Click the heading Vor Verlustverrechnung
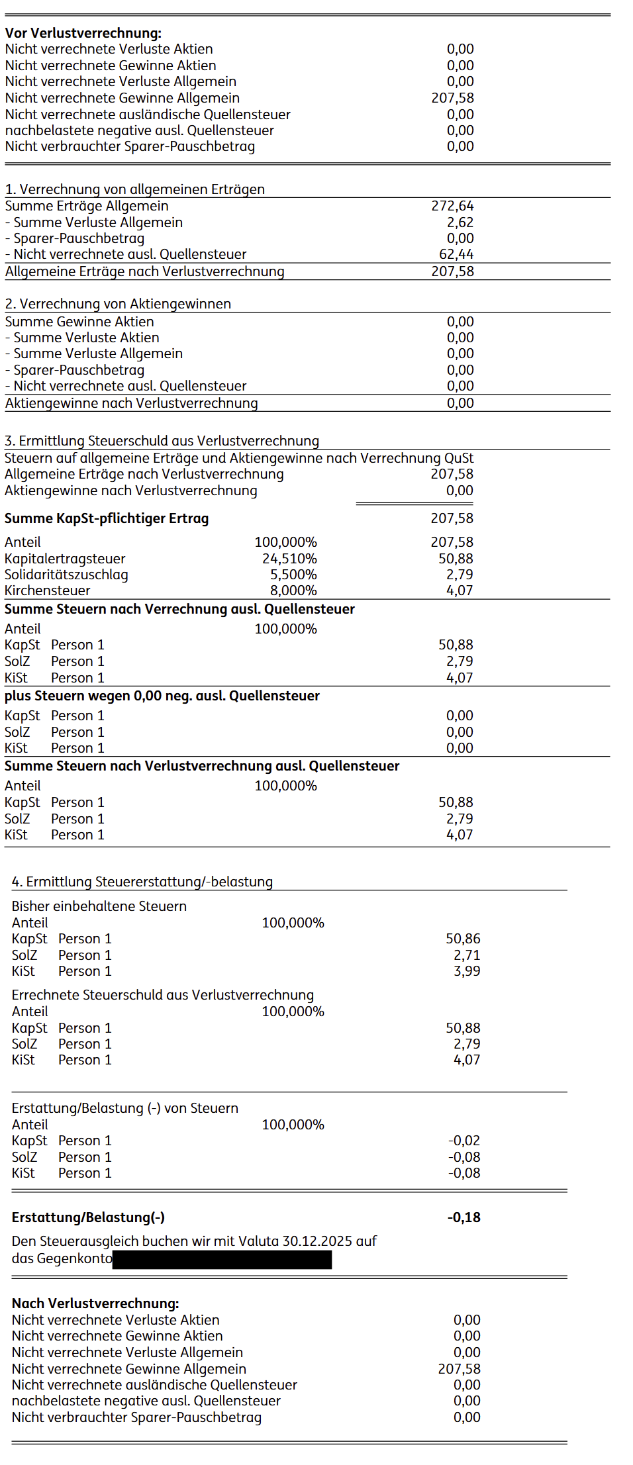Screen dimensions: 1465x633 [x=83, y=33]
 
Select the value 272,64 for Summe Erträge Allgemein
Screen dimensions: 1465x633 [x=452, y=206]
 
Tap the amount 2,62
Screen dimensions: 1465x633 [x=460, y=222]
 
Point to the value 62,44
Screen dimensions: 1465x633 [x=456, y=254]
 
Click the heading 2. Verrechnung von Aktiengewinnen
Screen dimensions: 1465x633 [x=118, y=304]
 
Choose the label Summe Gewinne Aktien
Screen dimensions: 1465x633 [x=79, y=322]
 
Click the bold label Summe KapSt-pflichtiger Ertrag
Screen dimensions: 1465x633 [x=107, y=518]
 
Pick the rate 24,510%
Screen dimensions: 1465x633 [x=289, y=559]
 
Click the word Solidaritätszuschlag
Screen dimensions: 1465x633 [x=66, y=575]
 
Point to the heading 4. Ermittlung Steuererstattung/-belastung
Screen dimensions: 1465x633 [x=142, y=882]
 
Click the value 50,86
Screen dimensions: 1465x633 [x=463, y=939]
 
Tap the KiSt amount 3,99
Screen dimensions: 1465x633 [x=467, y=971]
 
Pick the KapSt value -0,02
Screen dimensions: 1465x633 [x=464, y=1141]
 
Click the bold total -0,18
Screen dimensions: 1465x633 [x=463, y=1217]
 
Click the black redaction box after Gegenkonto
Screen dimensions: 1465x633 [x=222, y=1259]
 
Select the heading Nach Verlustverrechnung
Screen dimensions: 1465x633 [x=95, y=1303]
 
